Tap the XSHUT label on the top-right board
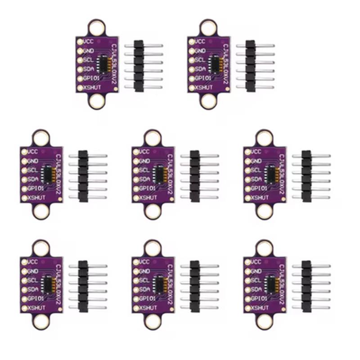(x=204, y=87)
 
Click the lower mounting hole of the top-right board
(x=208, y=101)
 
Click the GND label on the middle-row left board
(x=33, y=161)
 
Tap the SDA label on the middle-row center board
(x=145, y=180)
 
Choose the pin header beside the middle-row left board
(x=83, y=175)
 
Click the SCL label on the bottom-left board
(x=33, y=280)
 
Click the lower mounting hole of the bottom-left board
(x=40, y=321)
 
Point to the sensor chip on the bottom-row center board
(x=159, y=284)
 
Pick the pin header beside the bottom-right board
(x=306, y=286)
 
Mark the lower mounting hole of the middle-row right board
(x=264, y=211)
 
